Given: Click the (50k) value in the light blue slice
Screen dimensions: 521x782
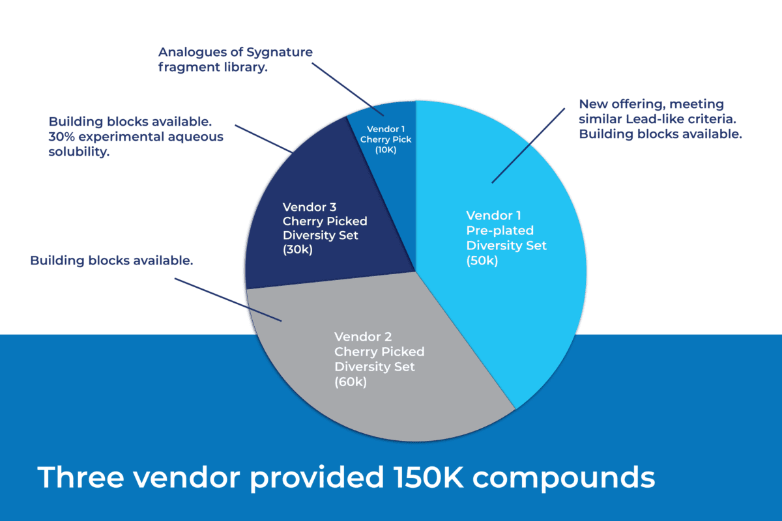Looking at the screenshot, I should [482, 260].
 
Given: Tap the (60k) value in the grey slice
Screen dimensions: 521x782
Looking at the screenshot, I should [351, 382].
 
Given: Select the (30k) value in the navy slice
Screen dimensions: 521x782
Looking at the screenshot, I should [298, 249].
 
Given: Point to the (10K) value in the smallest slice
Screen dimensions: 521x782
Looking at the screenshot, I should [386, 150].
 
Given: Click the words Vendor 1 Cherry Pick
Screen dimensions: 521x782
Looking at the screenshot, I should [390, 134].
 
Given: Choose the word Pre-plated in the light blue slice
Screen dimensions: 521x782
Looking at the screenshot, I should [500, 231].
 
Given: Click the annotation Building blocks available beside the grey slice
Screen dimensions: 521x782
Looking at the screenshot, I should [111, 261].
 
